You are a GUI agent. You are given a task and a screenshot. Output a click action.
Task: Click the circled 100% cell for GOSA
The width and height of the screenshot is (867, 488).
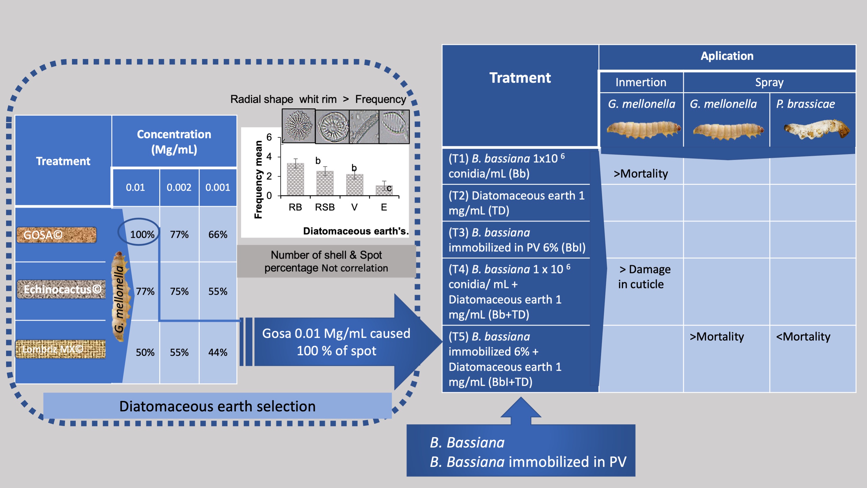(142, 234)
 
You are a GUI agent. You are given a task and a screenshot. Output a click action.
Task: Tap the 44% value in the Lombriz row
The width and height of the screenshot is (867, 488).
(218, 352)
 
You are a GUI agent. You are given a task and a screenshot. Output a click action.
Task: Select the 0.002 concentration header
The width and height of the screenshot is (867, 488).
(179, 187)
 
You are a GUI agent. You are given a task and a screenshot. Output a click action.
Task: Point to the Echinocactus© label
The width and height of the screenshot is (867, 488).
(62, 289)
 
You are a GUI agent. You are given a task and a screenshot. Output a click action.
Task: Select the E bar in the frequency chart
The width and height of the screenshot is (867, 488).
(384, 190)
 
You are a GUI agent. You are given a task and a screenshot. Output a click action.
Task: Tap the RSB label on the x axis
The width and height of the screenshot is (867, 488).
(325, 207)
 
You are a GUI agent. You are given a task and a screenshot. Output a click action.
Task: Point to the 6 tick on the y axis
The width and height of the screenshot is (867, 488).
(269, 137)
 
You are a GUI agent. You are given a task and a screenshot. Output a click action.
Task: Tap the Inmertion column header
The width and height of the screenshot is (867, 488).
(641, 82)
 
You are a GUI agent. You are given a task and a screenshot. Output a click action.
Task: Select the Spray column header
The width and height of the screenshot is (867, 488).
(769, 82)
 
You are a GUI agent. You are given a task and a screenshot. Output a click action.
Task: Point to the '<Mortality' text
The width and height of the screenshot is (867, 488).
(803, 336)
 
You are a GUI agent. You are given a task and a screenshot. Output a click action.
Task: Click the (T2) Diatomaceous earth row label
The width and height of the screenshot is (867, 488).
(516, 203)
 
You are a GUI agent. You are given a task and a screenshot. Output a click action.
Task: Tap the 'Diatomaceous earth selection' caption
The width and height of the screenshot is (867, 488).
(217, 406)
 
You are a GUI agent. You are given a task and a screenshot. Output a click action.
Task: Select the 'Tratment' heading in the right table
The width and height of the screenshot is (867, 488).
(520, 78)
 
